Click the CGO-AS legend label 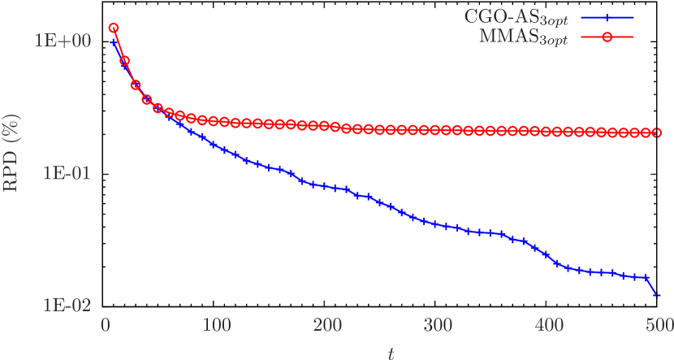(516, 16)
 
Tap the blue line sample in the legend (607, 16)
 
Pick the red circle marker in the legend (607, 37)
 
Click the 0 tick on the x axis (106, 325)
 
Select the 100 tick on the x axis (216, 325)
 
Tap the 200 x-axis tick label (327, 325)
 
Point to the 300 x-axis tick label (439, 325)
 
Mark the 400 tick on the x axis (549, 325)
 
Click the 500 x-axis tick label (659, 325)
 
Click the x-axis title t (391, 352)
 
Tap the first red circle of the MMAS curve (114, 28)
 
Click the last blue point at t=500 (657, 296)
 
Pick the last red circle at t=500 (659, 132)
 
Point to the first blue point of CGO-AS (114, 41)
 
